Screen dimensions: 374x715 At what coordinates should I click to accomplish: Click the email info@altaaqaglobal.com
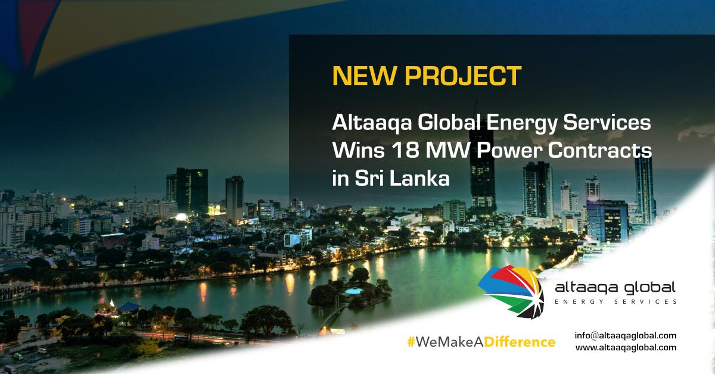point(626,335)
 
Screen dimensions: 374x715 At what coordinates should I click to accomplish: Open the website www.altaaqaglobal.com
point(626,347)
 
